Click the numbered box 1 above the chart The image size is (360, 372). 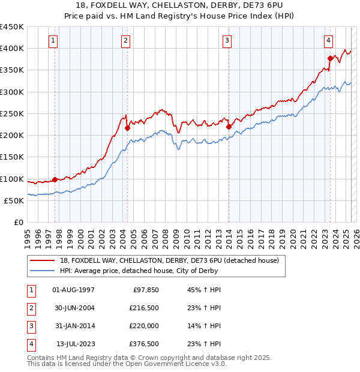53,41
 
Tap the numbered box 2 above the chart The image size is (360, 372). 125,41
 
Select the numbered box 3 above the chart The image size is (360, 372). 228,41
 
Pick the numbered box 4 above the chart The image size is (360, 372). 329,41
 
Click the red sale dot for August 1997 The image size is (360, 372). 55,179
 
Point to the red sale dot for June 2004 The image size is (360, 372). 128,128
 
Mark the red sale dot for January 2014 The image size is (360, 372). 229,127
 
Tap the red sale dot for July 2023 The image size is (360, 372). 330,58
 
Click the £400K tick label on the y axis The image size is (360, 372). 12,49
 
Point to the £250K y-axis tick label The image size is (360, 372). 12,113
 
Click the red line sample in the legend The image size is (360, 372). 43,261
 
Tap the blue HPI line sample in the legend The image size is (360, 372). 43,271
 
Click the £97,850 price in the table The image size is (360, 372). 144,290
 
